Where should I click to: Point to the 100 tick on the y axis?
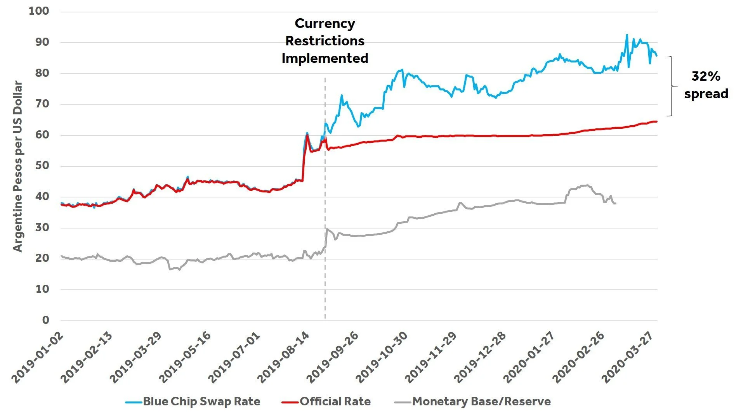[39, 11]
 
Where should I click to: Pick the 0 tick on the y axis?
[46, 320]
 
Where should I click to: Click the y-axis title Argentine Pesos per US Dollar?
[17, 166]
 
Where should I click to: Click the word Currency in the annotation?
[325, 24]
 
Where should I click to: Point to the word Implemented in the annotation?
[325, 59]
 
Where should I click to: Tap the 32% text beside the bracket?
[705, 76]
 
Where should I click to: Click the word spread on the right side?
[706, 94]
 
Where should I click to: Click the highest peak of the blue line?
[626, 35]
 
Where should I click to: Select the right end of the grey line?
[615, 203]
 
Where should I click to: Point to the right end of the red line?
[656, 122]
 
